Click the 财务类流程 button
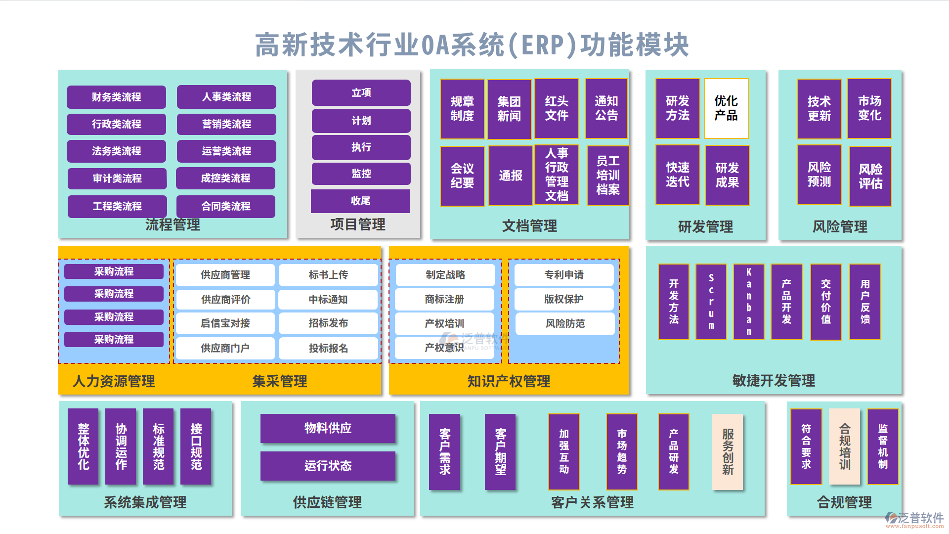pyautogui.click(x=116, y=97)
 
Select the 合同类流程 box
pyautogui.click(x=226, y=206)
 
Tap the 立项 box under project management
pyautogui.click(x=361, y=92)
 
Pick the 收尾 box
pyautogui.click(x=360, y=201)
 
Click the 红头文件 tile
pyautogui.click(x=557, y=108)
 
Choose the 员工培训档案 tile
pyautogui.click(x=607, y=175)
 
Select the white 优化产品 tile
pyautogui.click(x=726, y=108)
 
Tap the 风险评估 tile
pyautogui.click(x=870, y=176)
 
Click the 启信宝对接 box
pyautogui.click(x=225, y=323)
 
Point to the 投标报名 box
pyautogui.click(x=328, y=348)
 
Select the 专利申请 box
pyautogui.click(x=563, y=275)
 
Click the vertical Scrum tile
pyautogui.click(x=711, y=302)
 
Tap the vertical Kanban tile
pyautogui.click(x=748, y=302)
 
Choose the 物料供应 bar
pyautogui.click(x=328, y=428)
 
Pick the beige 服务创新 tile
pyautogui.click(x=728, y=452)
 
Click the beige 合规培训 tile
pyautogui.click(x=845, y=446)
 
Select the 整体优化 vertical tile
pyautogui.click(x=83, y=446)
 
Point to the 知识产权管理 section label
pyautogui.click(x=509, y=381)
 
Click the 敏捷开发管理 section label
pyautogui.click(x=774, y=381)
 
